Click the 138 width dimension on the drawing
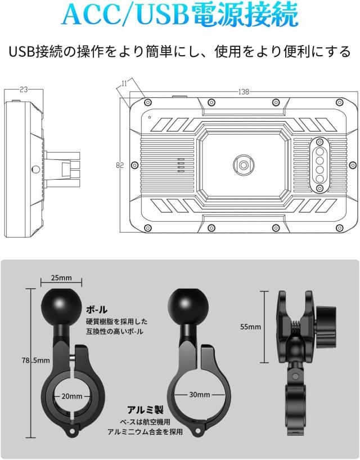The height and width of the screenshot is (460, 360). [244, 92]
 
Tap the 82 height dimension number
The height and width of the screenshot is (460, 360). [120, 165]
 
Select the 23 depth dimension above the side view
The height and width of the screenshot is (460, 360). [24, 90]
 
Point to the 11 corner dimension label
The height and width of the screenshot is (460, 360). [124, 83]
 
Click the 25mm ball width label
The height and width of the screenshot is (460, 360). [61, 278]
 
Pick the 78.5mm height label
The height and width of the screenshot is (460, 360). [36, 360]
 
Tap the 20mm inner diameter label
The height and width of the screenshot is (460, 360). [72, 396]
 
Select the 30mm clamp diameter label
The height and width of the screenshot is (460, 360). [199, 395]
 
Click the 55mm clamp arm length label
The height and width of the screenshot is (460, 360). [250, 327]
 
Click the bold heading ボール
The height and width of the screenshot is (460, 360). [97, 309]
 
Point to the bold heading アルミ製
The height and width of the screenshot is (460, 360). [146, 409]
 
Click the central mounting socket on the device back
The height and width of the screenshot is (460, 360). [244, 165]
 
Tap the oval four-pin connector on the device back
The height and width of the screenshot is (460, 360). [319, 165]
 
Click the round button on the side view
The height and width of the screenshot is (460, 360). [36, 169]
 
